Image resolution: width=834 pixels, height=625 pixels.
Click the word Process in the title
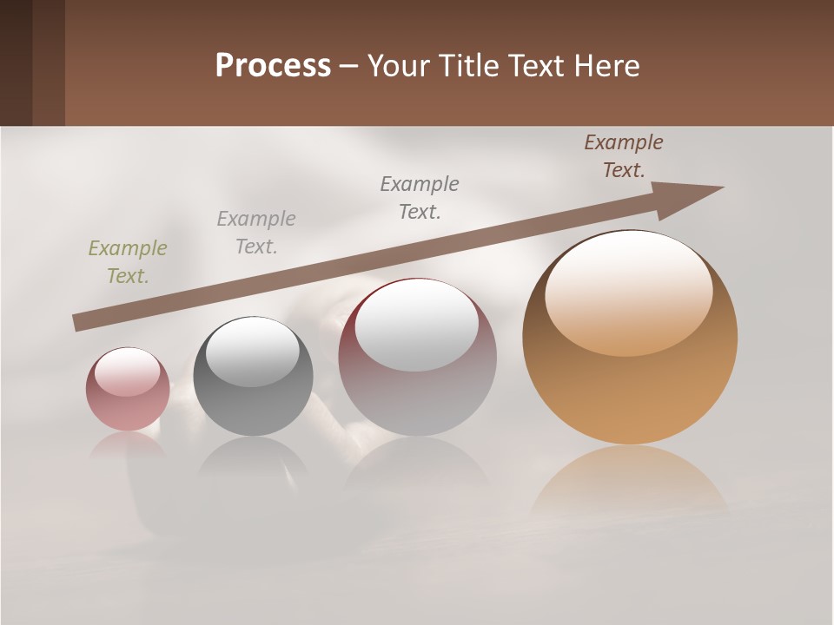point(273,66)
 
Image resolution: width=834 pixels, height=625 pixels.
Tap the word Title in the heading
point(467,66)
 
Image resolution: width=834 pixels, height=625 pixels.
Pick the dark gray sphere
point(253,377)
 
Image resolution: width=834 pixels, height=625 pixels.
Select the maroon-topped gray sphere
point(417,357)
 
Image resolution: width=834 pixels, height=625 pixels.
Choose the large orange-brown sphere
point(630,338)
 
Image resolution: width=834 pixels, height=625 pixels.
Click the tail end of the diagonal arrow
point(78,323)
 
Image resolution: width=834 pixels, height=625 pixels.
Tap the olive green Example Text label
point(128,262)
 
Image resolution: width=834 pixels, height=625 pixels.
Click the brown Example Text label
point(624,156)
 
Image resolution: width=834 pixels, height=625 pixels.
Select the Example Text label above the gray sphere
point(256,233)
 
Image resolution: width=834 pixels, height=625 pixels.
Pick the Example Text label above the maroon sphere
point(420,198)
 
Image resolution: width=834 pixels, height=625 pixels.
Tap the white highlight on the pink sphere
point(128,372)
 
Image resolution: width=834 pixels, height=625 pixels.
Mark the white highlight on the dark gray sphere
point(253,352)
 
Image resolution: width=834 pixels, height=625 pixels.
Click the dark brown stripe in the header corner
point(16,62)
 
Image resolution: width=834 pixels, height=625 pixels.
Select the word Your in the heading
point(399,66)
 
